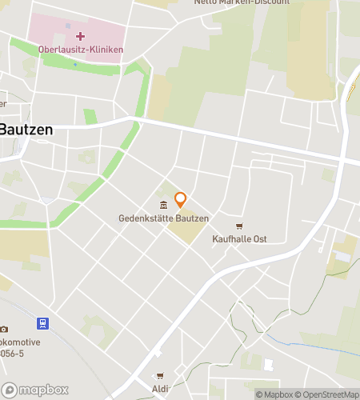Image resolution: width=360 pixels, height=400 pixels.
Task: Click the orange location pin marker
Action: pos(181,199)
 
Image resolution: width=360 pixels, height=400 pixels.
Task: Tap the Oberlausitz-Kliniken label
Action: pos(81,50)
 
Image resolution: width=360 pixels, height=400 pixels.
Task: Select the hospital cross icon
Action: pos(81,37)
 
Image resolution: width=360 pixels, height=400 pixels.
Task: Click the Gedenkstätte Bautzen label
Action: pos(164,218)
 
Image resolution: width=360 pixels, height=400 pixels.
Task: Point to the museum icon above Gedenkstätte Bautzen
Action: pos(163,206)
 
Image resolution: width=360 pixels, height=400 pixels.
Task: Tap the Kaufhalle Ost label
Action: pos(239,238)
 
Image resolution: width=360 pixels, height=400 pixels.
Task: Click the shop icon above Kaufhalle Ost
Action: pos(238,226)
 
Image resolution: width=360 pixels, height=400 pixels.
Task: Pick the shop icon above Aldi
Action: pos(160,376)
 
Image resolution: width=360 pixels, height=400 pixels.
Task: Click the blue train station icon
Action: pos(42,324)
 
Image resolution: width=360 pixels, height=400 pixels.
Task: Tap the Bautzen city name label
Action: pos(26,129)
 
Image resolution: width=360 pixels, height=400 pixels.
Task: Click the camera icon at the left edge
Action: pos(4,330)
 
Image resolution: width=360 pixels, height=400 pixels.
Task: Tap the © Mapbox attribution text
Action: pos(275,394)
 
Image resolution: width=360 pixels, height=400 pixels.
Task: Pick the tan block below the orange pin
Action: pos(186,232)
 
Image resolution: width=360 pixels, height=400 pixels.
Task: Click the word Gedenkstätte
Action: pos(144,218)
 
